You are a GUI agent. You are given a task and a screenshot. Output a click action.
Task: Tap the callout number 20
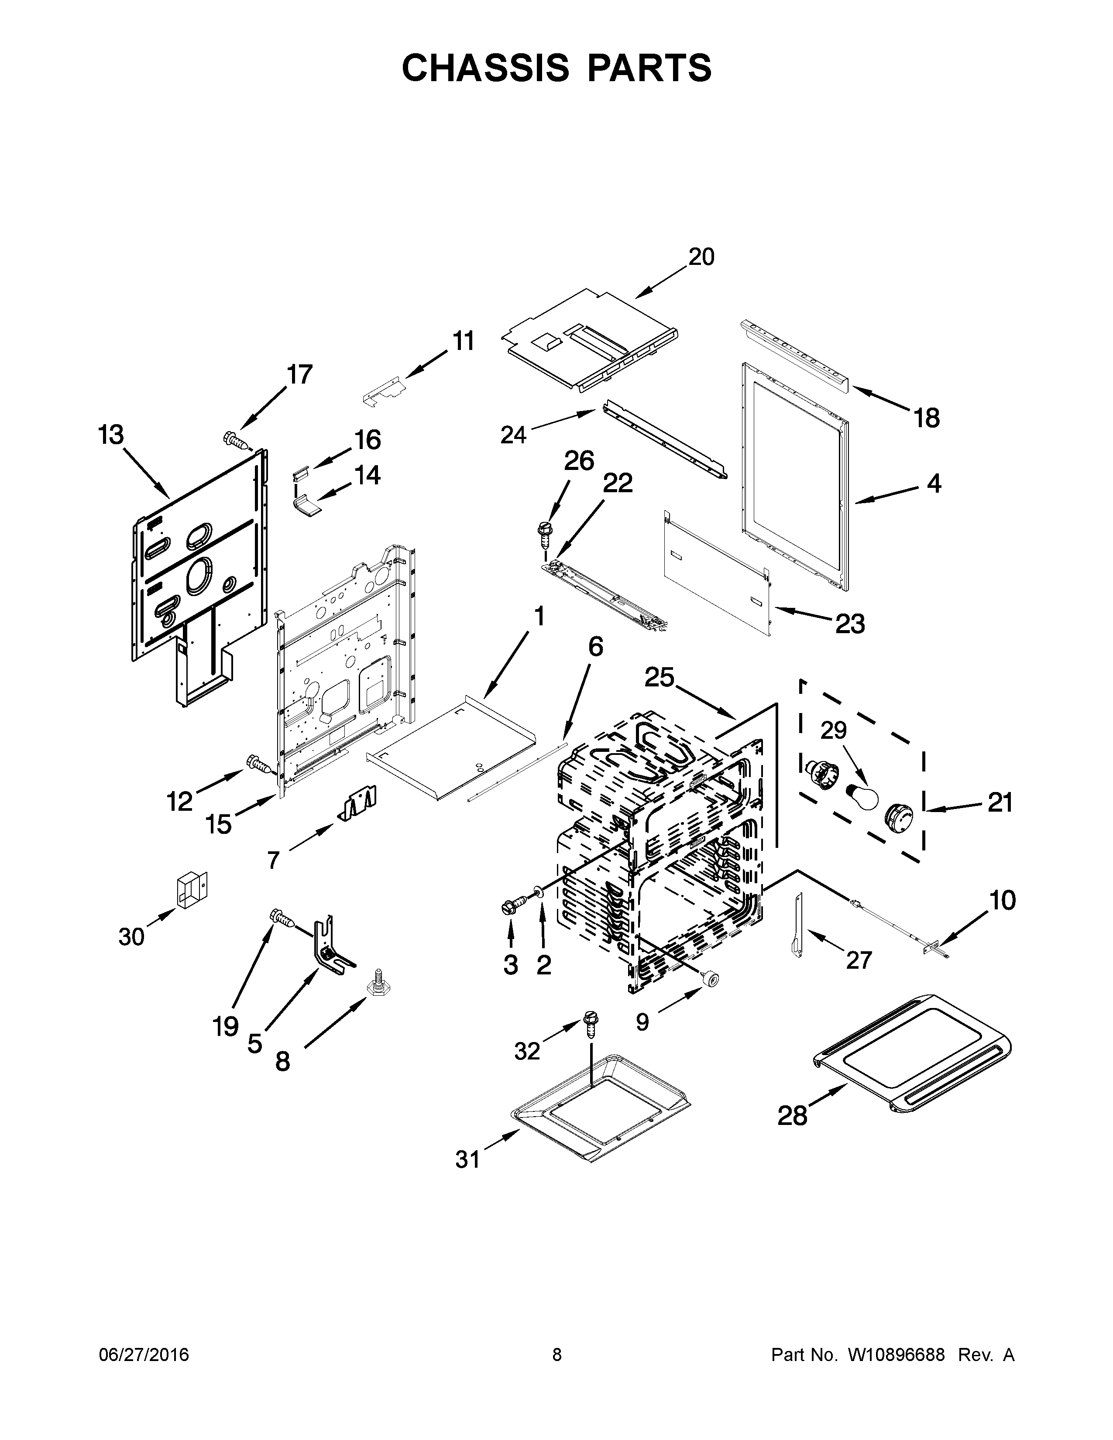point(701,257)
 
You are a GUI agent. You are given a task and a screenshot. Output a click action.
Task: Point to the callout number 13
point(111,435)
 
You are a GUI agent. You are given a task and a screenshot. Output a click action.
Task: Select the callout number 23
point(849,623)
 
